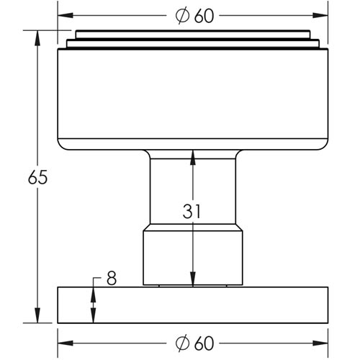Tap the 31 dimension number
(192, 212)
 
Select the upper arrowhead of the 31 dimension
(192, 155)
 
